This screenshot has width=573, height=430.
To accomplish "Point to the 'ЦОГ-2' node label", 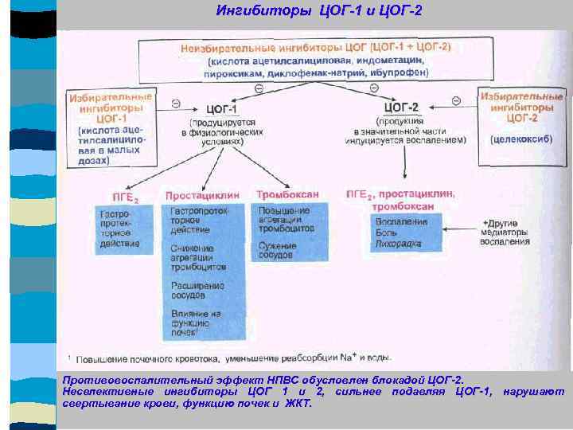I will tap(401, 106).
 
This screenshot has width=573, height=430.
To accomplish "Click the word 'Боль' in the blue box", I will tap(387, 232).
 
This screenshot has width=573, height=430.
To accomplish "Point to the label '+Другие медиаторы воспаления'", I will tap(505, 231).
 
